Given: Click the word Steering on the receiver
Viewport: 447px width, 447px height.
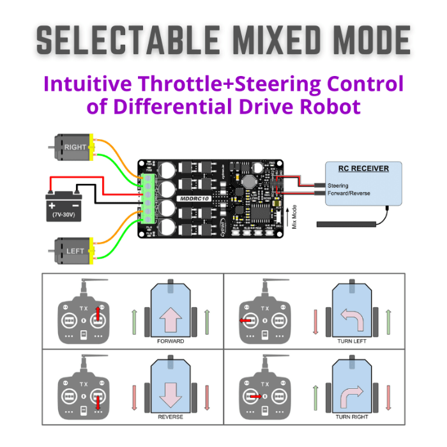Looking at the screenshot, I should pos(338,186).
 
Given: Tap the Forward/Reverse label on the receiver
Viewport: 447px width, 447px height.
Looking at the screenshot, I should pos(348,193).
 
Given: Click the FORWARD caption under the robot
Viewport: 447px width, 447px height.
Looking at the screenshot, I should pos(170,341).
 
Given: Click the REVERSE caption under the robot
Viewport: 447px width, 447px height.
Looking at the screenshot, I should pos(170,416).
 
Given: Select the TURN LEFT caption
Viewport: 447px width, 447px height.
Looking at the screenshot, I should pos(351,341).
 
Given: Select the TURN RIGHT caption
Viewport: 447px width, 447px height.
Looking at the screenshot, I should pos(351,416).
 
